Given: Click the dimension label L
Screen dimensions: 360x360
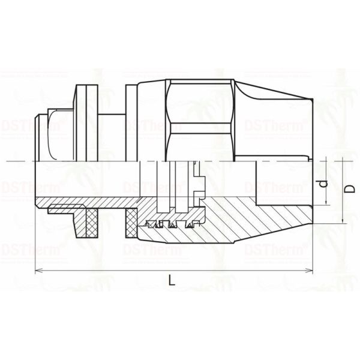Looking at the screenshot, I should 172,280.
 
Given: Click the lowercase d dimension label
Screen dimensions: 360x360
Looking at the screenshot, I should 322,183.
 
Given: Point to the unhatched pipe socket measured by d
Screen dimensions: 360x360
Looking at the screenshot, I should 282,183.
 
